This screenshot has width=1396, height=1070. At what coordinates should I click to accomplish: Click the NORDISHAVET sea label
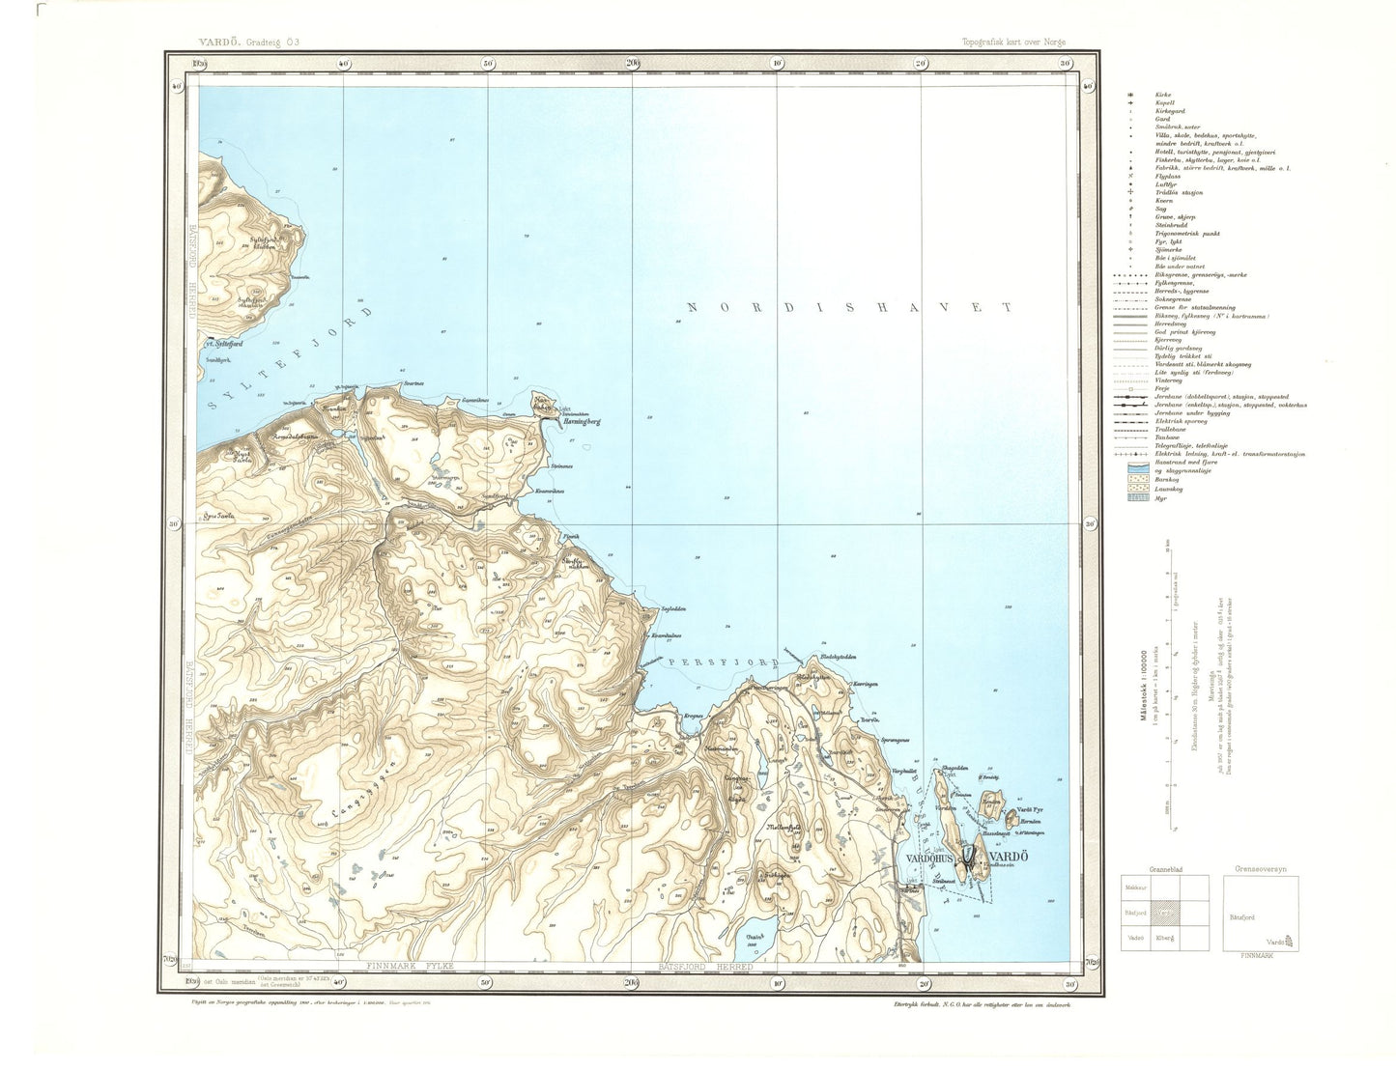(847, 307)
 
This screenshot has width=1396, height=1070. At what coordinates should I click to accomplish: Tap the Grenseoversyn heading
(1261, 868)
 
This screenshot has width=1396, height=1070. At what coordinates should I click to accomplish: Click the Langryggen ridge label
(356, 786)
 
